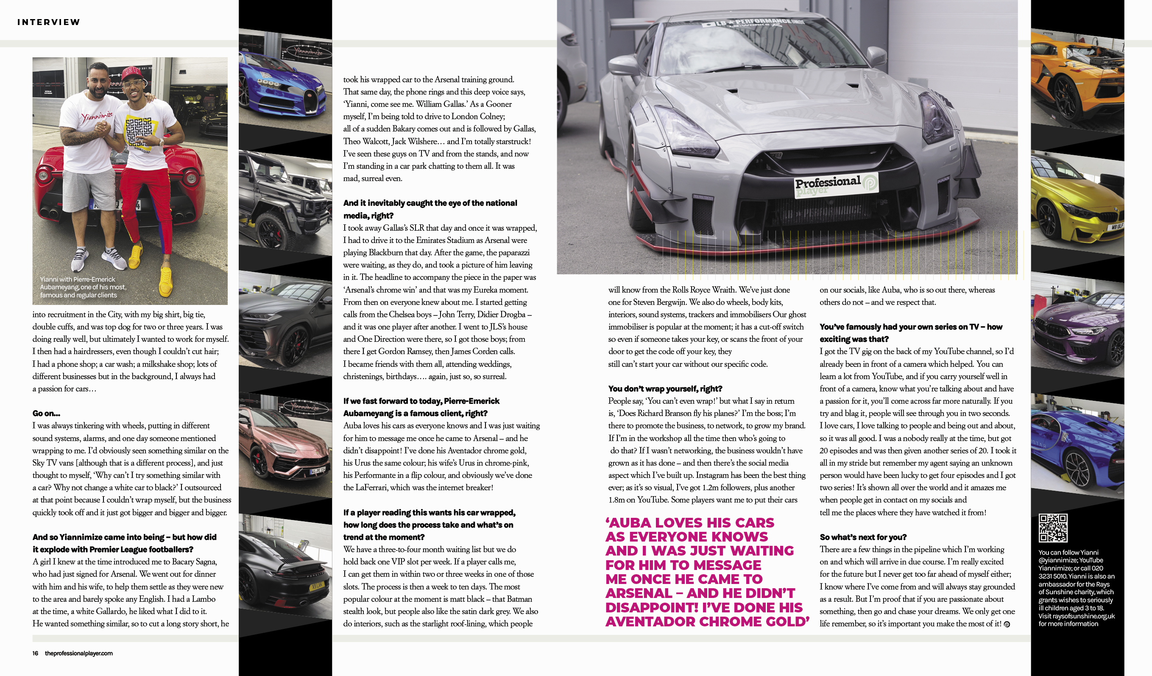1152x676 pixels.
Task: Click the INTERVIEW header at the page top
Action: point(48,22)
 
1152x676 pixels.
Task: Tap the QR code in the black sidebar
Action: point(1053,528)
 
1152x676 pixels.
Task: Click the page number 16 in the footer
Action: point(35,653)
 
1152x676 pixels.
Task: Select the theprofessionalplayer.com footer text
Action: point(78,653)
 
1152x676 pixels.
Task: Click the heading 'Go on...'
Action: point(46,413)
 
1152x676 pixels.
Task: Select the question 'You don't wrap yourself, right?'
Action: point(665,389)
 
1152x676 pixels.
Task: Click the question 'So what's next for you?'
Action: point(863,537)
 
